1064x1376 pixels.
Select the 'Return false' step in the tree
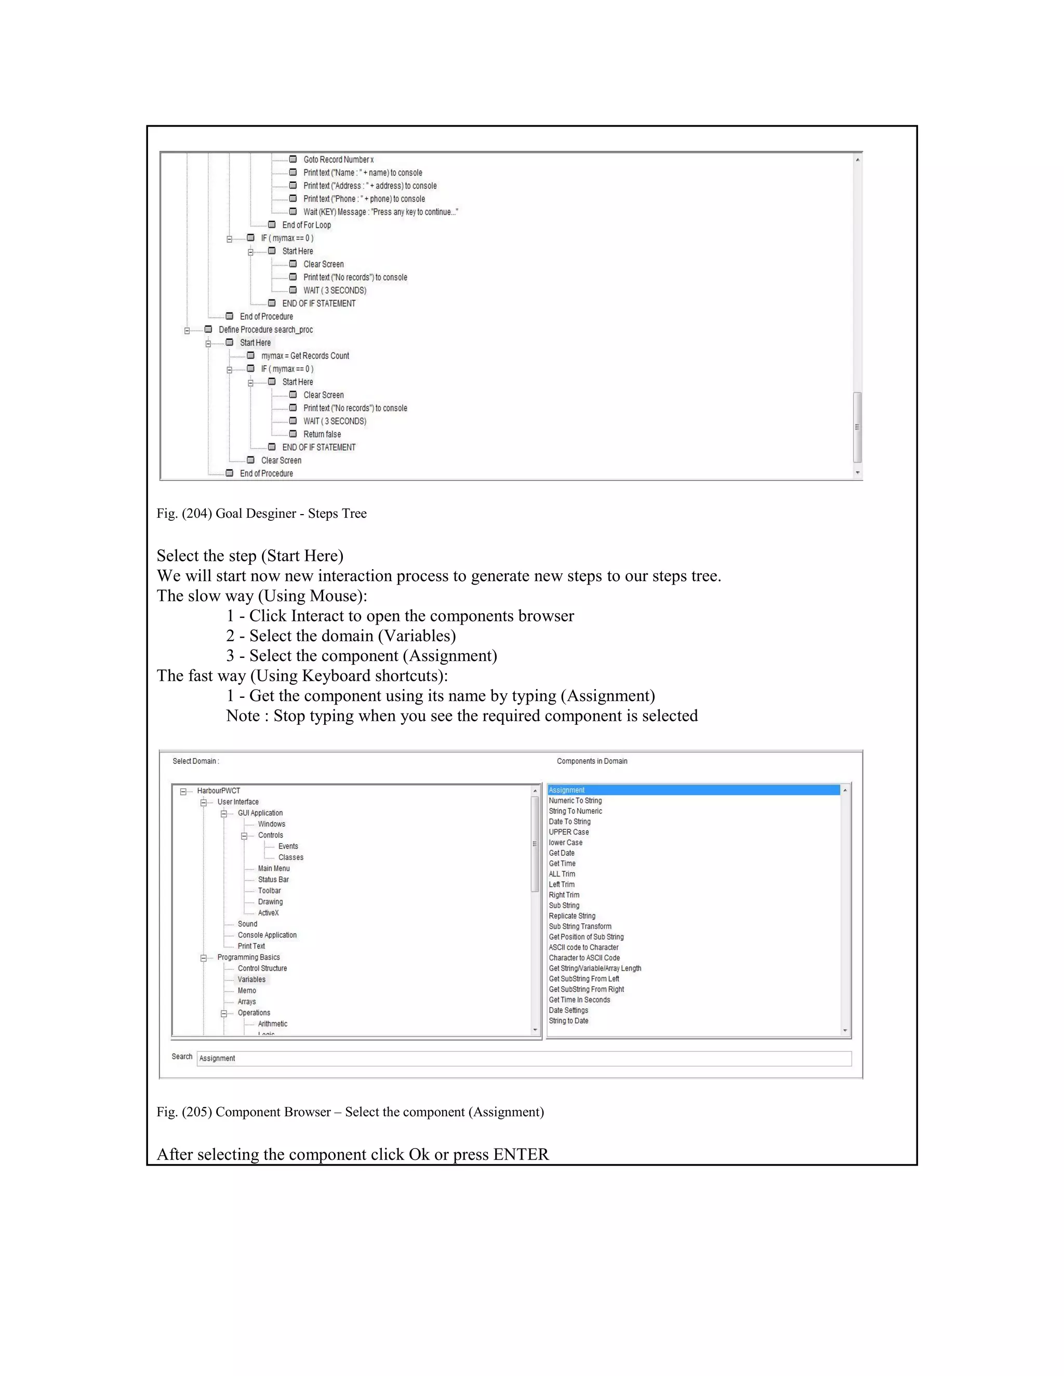tap(322, 435)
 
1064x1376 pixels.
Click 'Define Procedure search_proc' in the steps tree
tap(265, 330)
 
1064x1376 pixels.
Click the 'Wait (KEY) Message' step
tap(380, 212)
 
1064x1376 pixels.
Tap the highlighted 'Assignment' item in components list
tap(567, 790)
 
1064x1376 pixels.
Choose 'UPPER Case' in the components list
tap(568, 832)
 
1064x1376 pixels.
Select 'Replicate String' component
tap(571, 916)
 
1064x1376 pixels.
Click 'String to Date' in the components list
tap(568, 1021)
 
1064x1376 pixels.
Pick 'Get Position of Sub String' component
tap(586, 937)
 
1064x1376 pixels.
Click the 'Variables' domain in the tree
tap(251, 980)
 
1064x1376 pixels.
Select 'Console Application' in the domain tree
tap(267, 935)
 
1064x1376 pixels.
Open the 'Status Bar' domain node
tap(273, 880)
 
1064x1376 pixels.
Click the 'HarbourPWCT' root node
tap(218, 791)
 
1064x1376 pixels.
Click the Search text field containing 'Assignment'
tap(523, 1058)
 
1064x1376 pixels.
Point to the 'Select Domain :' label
tap(195, 761)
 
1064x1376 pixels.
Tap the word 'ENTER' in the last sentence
tap(521, 1154)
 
